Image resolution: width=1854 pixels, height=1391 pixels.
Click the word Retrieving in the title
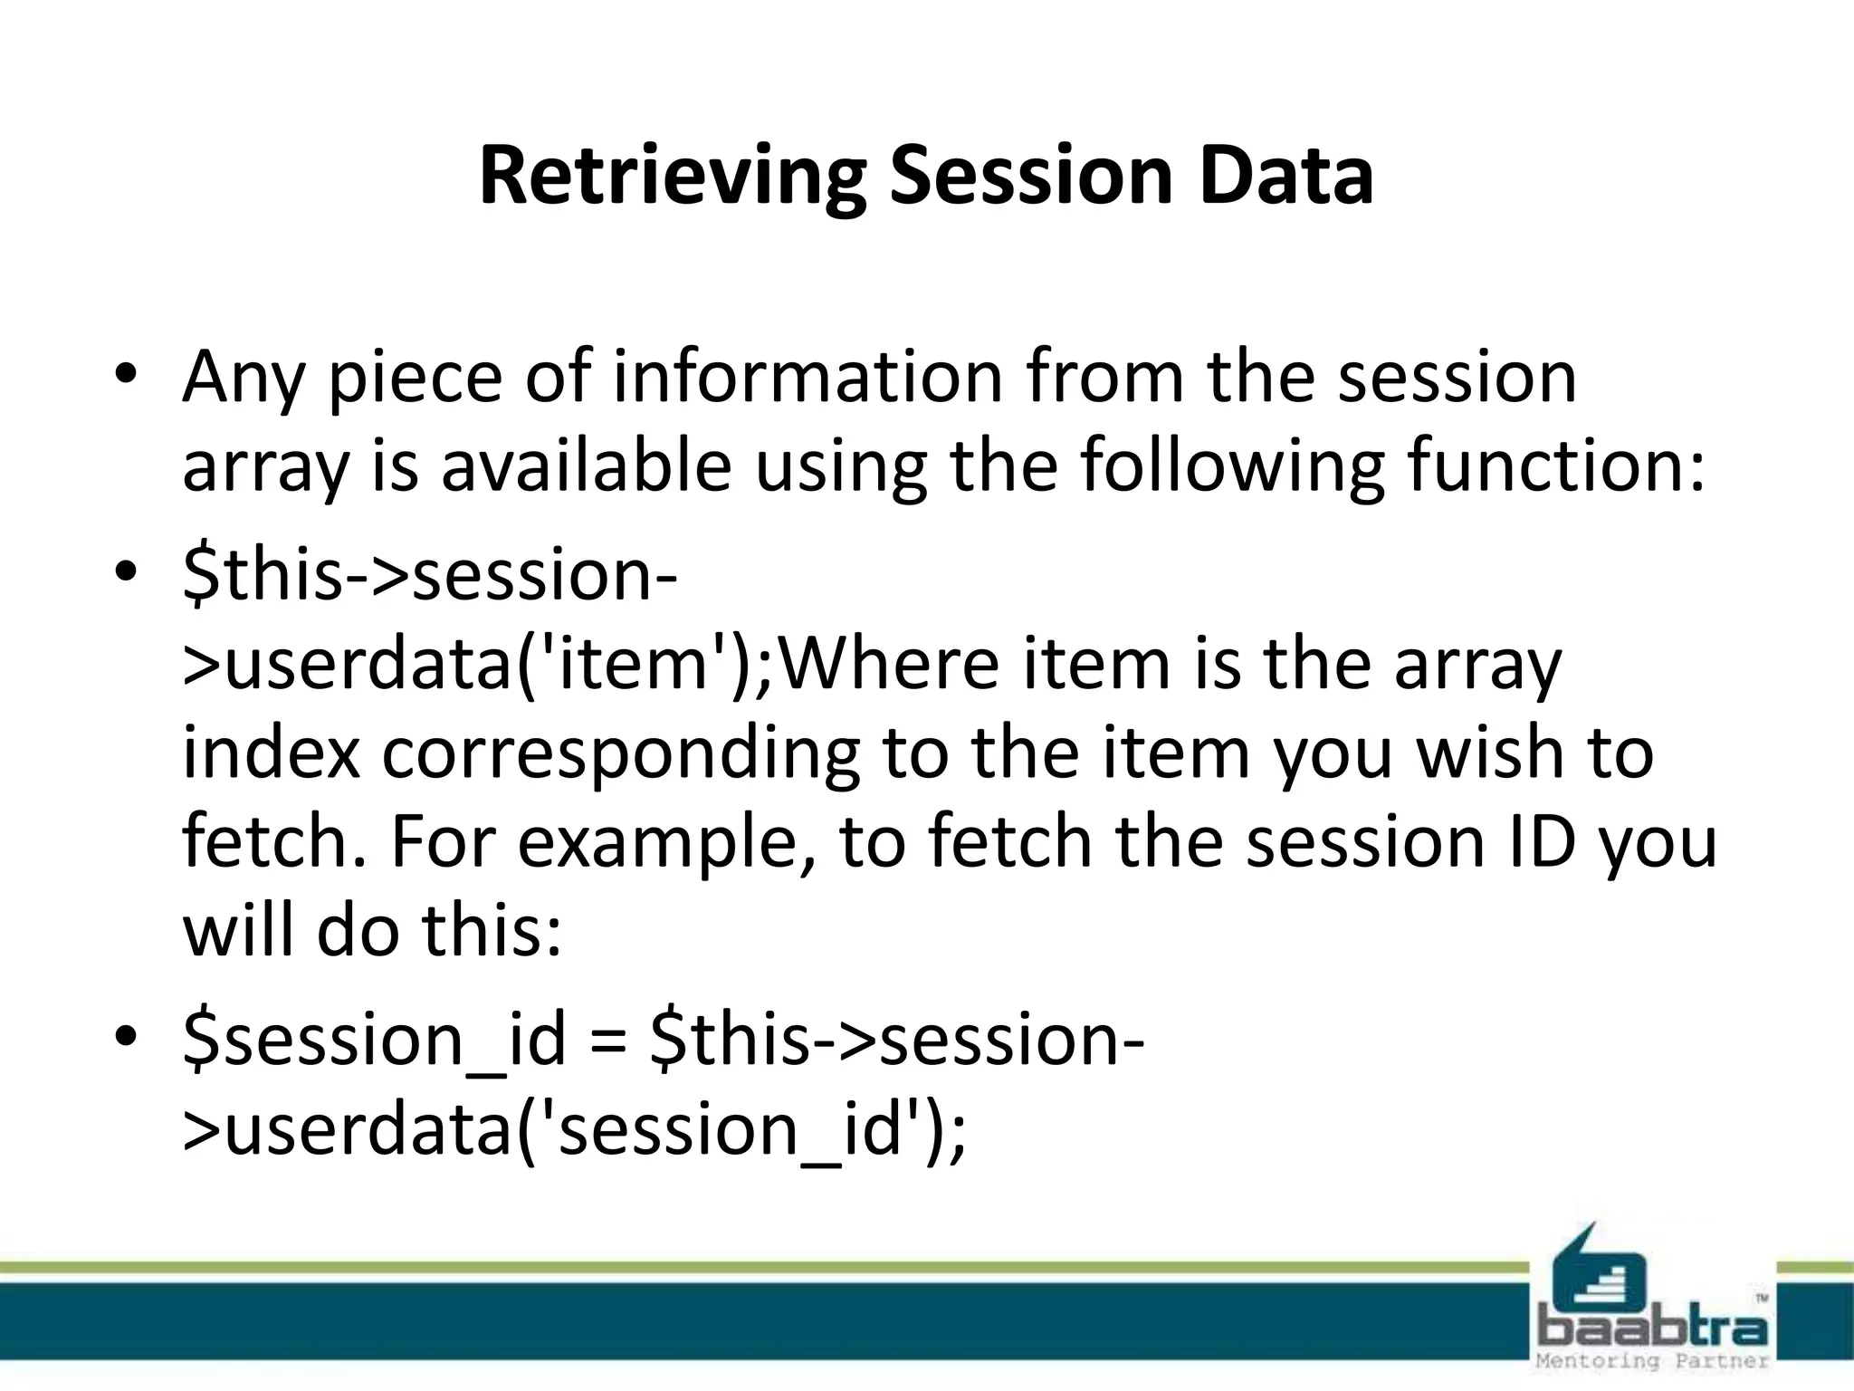pos(672,176)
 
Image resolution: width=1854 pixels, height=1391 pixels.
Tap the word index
pos(271,753)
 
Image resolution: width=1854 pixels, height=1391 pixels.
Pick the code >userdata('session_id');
pos(574,1130)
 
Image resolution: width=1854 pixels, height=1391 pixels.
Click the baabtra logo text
pos(1653,1328)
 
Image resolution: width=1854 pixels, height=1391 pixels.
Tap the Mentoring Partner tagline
pos(1653,1360)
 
